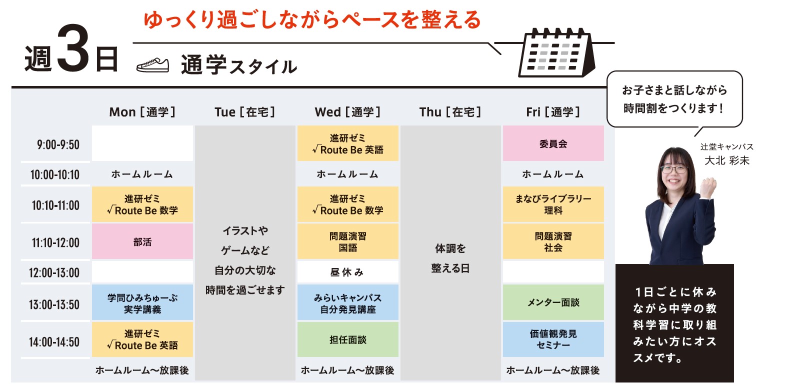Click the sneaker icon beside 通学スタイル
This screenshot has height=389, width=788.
[x=152, y=65]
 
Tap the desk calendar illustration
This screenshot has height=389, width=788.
[x=557, y=53]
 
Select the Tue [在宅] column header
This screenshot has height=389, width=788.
[x=245, y=112]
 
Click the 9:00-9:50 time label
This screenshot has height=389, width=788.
[x=58, y=144]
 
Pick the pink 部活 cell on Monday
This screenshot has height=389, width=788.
[x=142, y=241]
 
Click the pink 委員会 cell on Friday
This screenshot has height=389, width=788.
[x=553, y=143]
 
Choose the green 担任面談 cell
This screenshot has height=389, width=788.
[x=348, y=339]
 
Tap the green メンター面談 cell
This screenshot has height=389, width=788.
[x=553, y=302]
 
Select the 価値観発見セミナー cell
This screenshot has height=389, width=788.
[x=553, y=339]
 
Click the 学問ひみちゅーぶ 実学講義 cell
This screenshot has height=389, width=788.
[x=142, y=302]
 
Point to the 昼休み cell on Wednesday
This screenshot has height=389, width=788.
[x=348, y=272]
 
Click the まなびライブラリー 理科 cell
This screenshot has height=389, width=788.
[x=553, y=204]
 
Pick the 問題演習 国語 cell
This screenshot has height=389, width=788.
[x=348, y=241]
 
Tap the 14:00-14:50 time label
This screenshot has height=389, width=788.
[x=54, y=342]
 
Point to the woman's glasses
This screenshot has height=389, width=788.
[x=674, y=169]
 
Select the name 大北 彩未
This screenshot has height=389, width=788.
[x=727, y=160]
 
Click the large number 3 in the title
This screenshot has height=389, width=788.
[x=73, y=47]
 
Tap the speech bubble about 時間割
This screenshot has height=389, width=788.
[x=674, y=99]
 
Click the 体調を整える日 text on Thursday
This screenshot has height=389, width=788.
[x=450, y=258]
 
